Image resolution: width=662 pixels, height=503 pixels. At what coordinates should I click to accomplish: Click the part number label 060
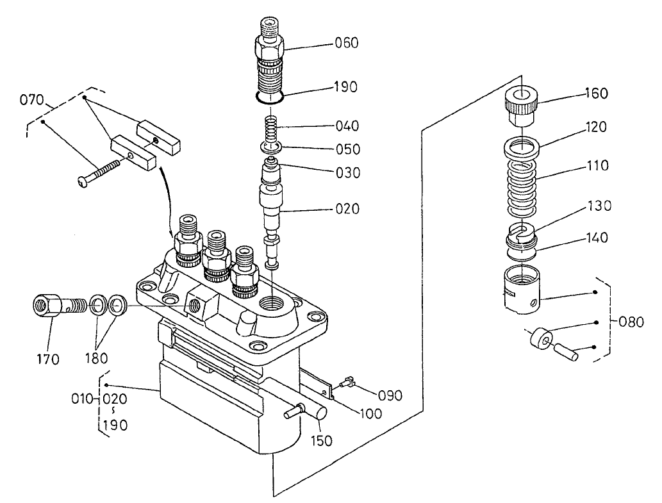pyautogui.click(x=346, y=44)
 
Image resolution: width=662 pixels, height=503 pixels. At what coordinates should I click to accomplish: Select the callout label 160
pyautogui.click(x=596, y=94)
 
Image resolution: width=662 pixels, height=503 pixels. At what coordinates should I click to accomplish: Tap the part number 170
pyautogui.click(x=47, y=359)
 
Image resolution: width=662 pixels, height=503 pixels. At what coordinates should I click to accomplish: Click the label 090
pyautogui.click(x=390, y=395)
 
